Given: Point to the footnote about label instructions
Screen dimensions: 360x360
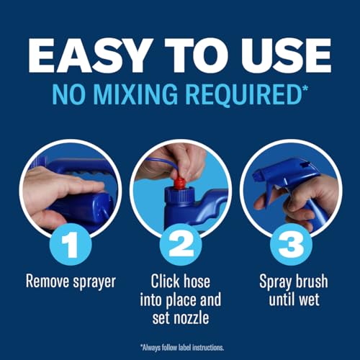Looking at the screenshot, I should click(x=180, y=347).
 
